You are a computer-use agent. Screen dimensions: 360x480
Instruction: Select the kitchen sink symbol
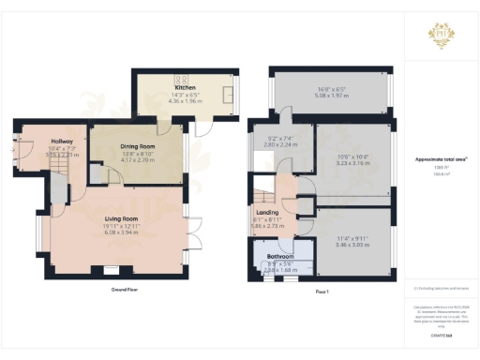[229, 94]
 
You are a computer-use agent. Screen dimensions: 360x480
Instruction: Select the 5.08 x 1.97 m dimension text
[332, 95]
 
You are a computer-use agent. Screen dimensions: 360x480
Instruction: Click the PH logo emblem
[440, 34]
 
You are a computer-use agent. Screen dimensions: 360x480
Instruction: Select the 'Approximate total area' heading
[440, 159]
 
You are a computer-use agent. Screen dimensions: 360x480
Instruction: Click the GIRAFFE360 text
[440, 335]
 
